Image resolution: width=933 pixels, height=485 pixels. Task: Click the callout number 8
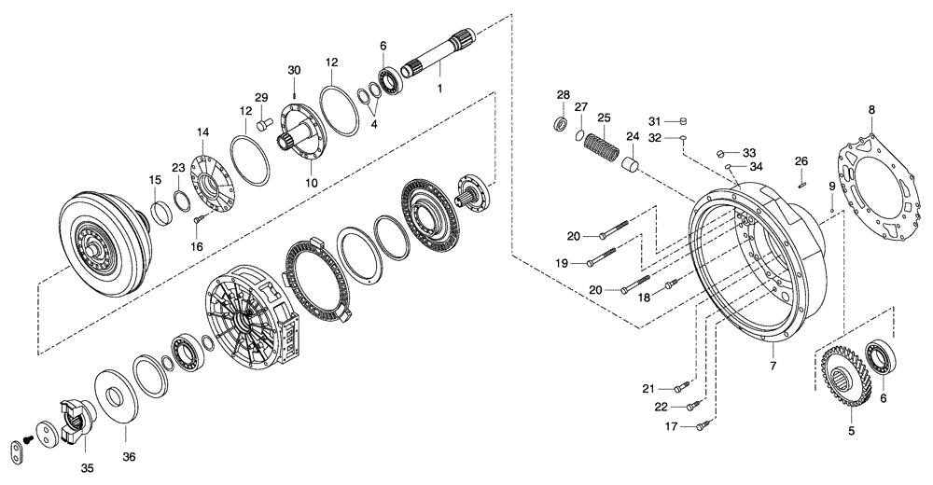(871, 109)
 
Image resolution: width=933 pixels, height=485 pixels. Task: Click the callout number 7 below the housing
(773, 365)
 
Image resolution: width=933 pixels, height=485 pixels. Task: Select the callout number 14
(202, 132)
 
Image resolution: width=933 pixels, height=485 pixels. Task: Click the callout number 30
(294, 71)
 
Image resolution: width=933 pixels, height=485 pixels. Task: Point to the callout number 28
(563, 95)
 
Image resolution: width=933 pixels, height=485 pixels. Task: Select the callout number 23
(177, 168)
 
